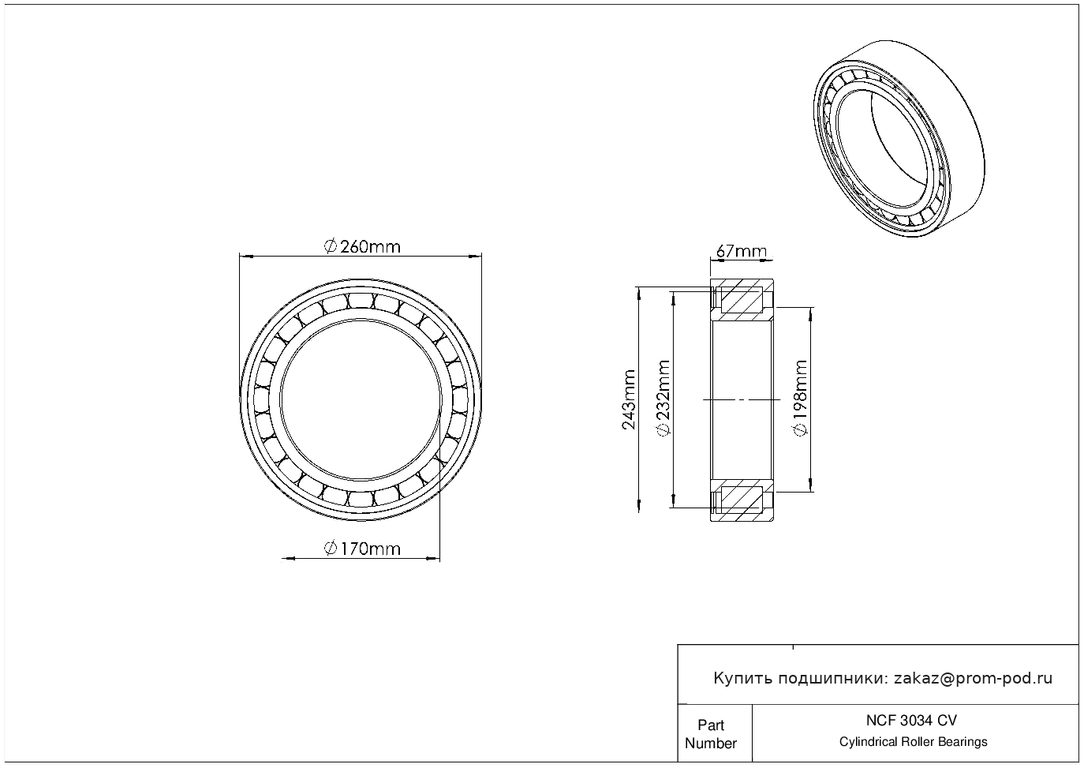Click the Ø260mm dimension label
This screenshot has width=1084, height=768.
[x=362, y=247]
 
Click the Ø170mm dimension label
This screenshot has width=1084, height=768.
[x=362, y=549]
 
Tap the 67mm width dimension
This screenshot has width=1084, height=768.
[x=742, y=251]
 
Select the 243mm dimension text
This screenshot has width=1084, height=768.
[x=629, y=399]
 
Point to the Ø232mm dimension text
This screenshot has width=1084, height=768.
[x=663, y=398]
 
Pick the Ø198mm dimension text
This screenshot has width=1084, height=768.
[x=801, y=398]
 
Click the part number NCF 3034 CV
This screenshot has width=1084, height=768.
[x=911, y=721]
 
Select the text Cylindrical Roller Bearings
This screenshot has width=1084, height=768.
[x=913, y=742]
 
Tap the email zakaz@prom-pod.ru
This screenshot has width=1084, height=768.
[x=974, y=679]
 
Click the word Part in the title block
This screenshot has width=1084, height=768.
[x=711, y=725]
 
